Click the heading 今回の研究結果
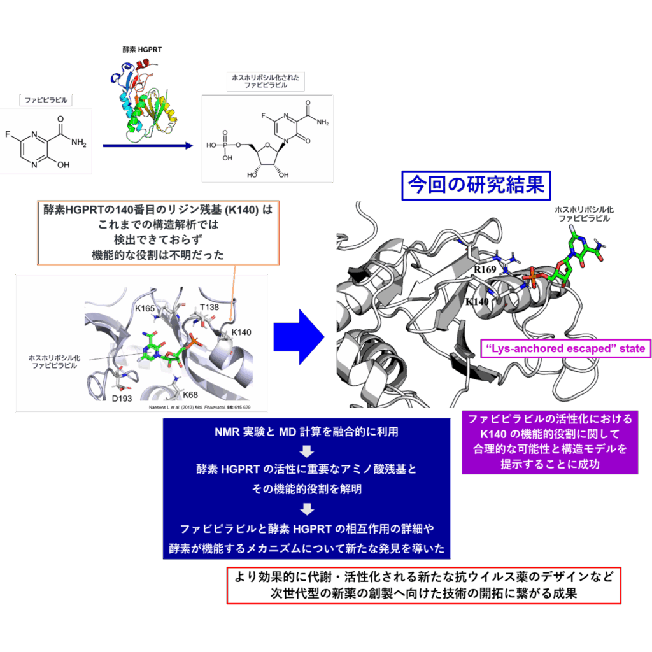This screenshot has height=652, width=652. click(476, 186)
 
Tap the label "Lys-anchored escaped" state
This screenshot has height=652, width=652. click(565, 348)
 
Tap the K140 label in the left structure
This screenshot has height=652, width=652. click(241, 332)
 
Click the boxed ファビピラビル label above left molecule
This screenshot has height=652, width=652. click(45, 100)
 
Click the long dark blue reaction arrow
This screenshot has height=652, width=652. click(146, 146)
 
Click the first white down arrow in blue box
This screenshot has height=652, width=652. click(307, 451)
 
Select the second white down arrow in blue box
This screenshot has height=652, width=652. click(307, 509)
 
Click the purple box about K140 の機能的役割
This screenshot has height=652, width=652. click(550, 441)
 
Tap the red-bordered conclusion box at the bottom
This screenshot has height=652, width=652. click(423, 585)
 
